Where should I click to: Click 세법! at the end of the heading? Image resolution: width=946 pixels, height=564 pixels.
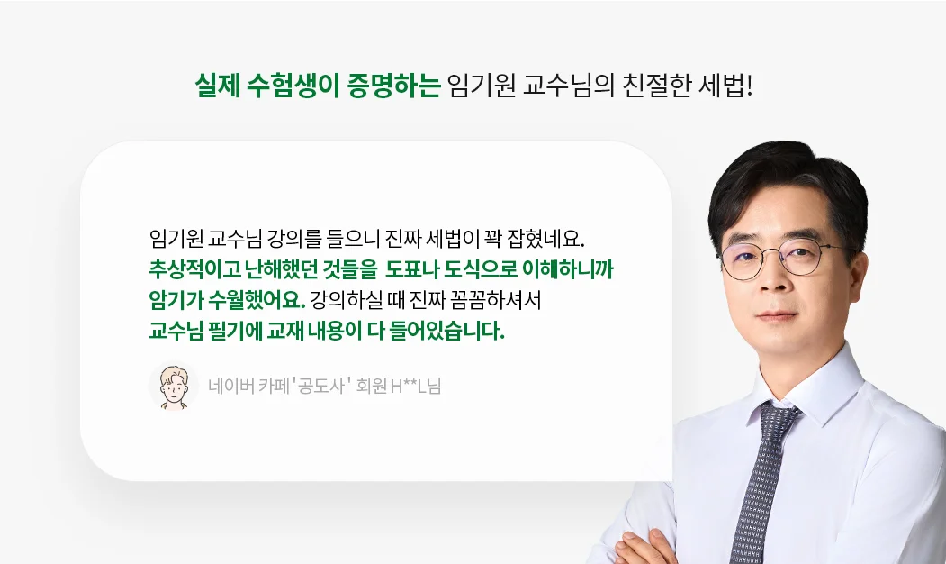pos(725,86)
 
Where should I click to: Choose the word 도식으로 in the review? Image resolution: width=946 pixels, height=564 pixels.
pos(481,269)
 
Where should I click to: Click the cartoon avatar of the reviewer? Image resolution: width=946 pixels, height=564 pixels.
pos(174,386)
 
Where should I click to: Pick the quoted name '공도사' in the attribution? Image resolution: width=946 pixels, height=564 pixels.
pos(320,386)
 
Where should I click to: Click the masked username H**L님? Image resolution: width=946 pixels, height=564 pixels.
pos(416,386)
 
